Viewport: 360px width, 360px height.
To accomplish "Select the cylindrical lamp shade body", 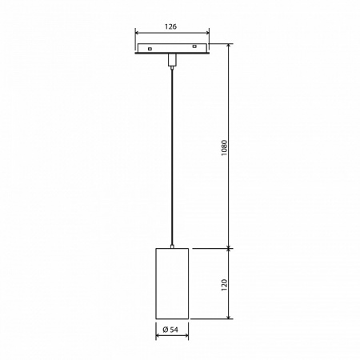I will tap(171, 283).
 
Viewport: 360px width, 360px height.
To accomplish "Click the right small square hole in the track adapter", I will tap(194, 50).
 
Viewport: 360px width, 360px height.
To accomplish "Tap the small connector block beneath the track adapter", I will tap(171, 61).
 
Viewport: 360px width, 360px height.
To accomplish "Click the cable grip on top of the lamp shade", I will tap(171, 246).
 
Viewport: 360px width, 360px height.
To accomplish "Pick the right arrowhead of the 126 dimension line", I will tap(207, 33).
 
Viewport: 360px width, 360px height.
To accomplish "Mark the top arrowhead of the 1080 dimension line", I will tap(230, 46).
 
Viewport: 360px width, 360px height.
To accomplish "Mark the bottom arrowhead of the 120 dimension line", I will tap(230, 317).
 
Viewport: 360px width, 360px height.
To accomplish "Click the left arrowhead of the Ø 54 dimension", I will tap(157, 337).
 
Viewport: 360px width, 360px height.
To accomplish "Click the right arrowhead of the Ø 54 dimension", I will tap(186, 337).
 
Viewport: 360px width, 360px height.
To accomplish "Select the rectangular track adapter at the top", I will tap(171, 50).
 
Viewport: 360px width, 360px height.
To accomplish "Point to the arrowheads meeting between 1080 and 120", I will tap(230, 248).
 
